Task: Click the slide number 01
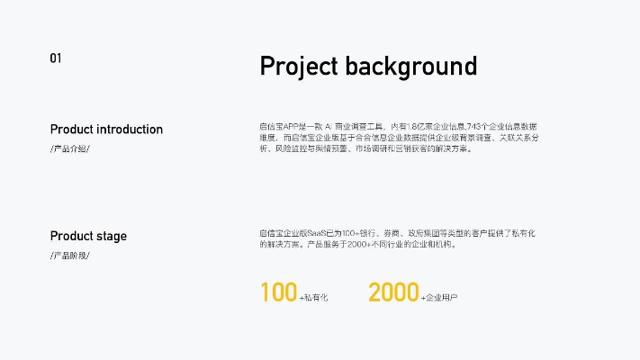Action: click(x=55, y=58)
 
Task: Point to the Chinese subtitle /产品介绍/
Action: click(x=70, y=148)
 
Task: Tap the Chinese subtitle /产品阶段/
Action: click(x=70, y=256)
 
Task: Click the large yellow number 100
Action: click(x=278, y=292)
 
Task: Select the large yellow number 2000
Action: click(x=393, y=292)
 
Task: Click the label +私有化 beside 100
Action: click(x=313, y=297)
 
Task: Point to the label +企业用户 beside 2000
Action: click(x=439, y=297)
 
